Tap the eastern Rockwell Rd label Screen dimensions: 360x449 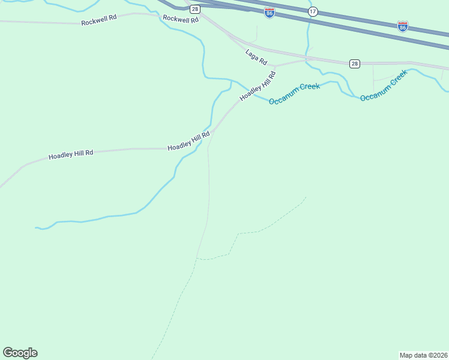181,20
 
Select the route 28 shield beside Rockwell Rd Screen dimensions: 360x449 195,9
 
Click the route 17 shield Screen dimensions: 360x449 313,12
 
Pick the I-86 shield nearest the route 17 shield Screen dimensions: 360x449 270,12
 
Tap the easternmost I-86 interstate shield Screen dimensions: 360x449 403,26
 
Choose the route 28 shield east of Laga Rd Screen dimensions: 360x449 355,63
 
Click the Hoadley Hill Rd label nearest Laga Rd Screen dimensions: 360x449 258,86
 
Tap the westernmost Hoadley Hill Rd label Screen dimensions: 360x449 71,154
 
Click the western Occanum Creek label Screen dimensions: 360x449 294,94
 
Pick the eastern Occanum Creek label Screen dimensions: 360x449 384,85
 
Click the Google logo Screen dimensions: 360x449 20,353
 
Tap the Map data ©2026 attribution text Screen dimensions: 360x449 423,355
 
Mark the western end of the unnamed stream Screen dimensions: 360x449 35,227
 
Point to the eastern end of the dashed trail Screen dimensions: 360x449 306,197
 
